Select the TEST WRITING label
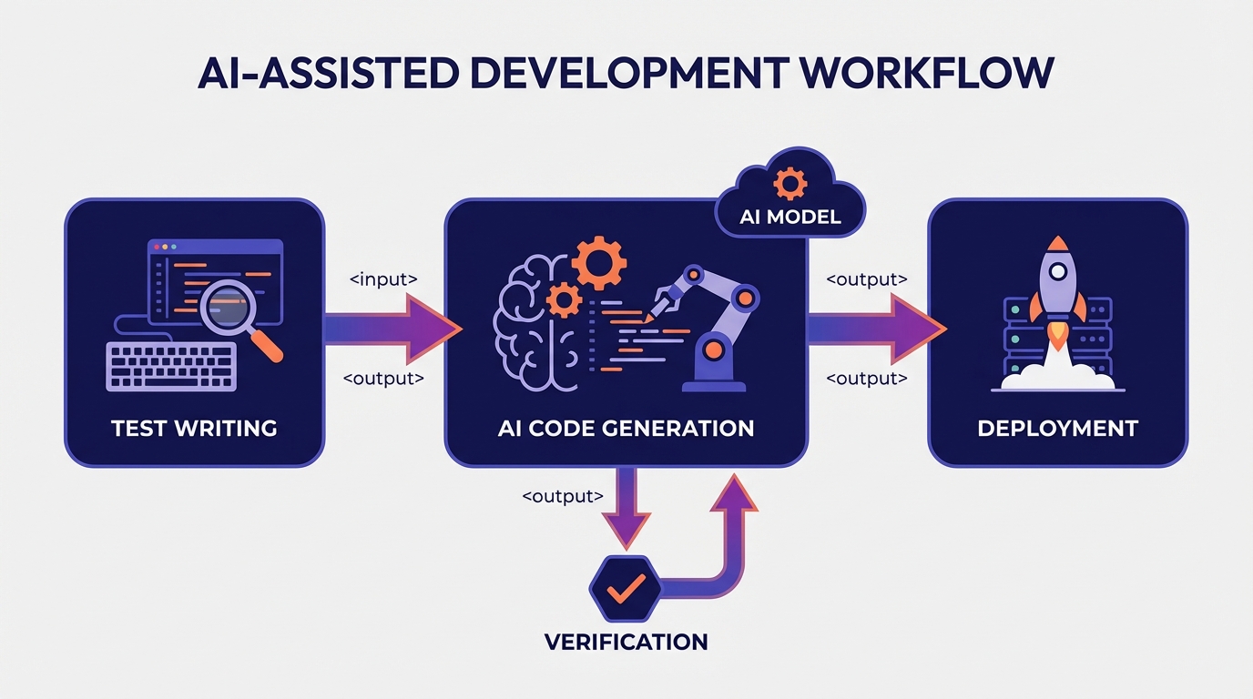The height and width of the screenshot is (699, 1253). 194,428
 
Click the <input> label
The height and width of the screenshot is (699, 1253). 383,279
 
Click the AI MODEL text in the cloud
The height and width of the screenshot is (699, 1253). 789,218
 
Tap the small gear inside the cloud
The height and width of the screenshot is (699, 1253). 789,183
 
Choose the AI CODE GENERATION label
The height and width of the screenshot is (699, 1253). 626,428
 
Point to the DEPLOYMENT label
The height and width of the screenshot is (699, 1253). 1057,428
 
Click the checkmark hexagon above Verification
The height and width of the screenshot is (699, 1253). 626,588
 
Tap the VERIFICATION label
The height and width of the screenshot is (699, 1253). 626,642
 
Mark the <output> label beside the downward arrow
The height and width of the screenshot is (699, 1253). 563,496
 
